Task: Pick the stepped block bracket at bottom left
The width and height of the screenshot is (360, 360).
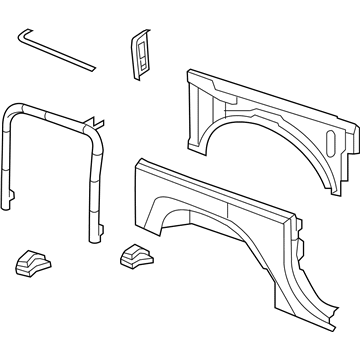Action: coord(34,261)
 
